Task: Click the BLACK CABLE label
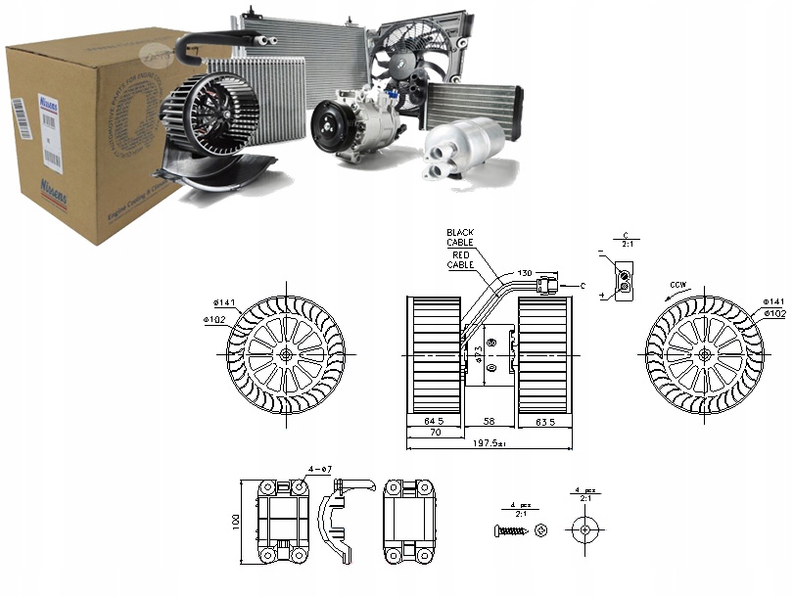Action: tap(459, 237)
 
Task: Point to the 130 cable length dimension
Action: tap(526, 273)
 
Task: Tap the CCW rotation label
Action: tap(676, 286)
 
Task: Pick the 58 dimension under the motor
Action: tap(490, 421)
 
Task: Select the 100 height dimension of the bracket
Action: tap(237, 521)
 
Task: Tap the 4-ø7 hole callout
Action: tap(319, 470)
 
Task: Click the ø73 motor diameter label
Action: tap(479, 353)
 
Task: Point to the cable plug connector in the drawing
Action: tap(549, 285)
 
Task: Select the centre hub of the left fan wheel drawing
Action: tap(285, 354)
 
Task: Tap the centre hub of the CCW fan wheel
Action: tap(704, 354)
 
